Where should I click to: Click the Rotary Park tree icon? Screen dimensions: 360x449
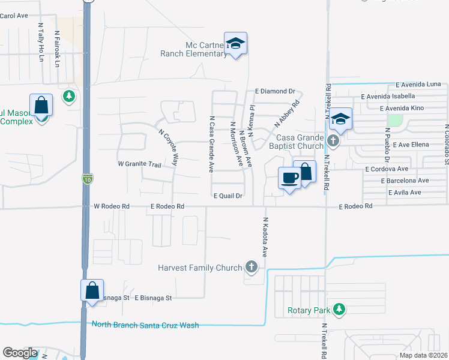pyautogui.click(x=340, y=309)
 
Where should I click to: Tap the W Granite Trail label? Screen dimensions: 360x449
pyautogui.click(x=140, y=164)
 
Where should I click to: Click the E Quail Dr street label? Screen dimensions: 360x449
pyautogui.click(x=228, y=196)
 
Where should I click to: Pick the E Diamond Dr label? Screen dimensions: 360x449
pyautogui.click(x=276, y=91)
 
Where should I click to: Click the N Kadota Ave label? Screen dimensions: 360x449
pyautogui.click(x=265, y=238)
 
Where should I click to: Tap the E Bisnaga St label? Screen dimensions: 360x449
pyautogui.click(x=153, y=298)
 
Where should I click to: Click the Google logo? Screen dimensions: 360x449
pyautogui.click(x=20, y=353)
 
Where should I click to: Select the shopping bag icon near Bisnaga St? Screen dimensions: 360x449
pyautogui.click(x=92, y=290)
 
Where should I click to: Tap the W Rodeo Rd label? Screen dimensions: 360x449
pyautogui.click(x=112, y=206)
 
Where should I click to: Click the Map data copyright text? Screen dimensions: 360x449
pyautogui.click(x=423, y=355)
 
